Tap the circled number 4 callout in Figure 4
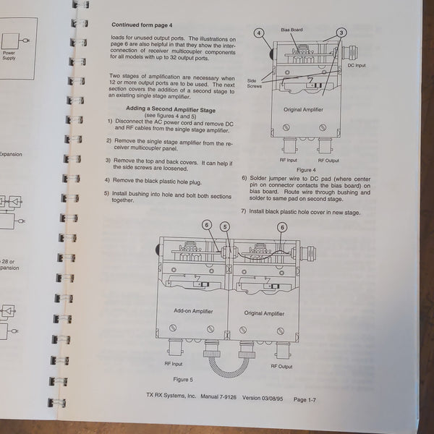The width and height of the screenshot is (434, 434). click(259, 33)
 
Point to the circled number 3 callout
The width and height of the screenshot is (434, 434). click(341, 33)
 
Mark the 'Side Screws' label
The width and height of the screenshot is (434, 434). click(255, 82)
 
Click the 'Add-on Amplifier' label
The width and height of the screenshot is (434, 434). click(193, 312)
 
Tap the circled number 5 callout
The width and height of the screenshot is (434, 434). click(225, 226)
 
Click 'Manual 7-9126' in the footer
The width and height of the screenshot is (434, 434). click(215, 397)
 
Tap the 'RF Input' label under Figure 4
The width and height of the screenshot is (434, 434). click(288, 160)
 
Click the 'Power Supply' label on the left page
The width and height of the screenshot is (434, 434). click(9, 55)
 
